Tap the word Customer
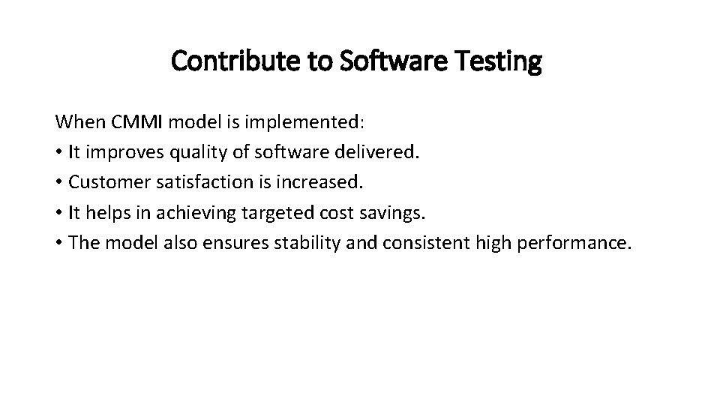click(106, 183)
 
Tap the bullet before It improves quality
click(59, 153)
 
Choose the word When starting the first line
click(76, 121)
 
